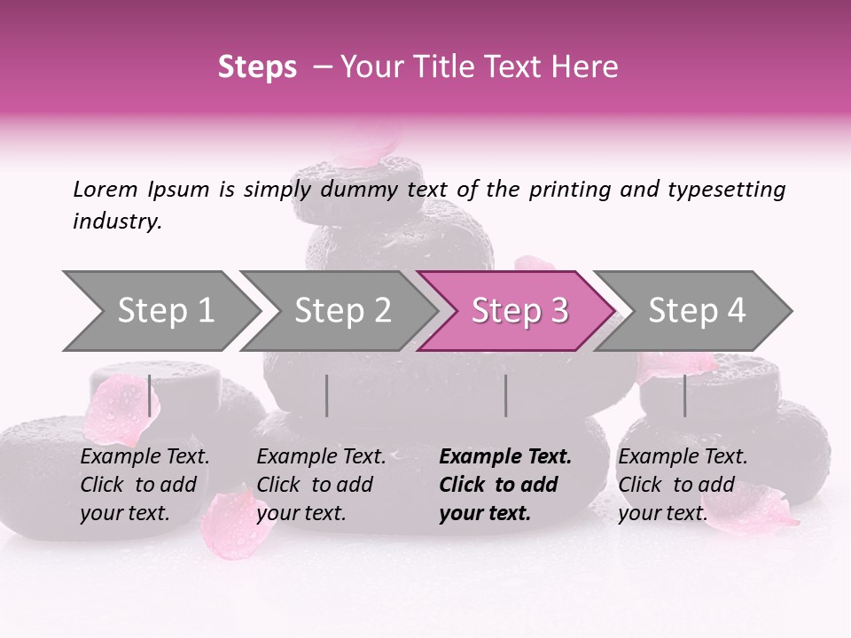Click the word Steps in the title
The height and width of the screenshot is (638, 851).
[x=257, y=67]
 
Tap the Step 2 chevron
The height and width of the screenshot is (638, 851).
[x=342, y=311]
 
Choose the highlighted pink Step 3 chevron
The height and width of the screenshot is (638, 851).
[x=519, y=311]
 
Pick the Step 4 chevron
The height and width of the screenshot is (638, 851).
[x=696, y=311]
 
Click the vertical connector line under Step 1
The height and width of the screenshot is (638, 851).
[x=149, y=395]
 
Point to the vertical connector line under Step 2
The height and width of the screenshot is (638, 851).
[x=327, y=395]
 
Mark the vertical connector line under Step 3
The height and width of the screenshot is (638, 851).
[x=505, y=395]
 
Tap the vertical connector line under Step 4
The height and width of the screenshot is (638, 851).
[x=684, y=395]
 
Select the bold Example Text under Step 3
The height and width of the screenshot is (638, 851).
[x=505, y=485]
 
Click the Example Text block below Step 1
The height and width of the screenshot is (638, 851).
[x=144, y=485]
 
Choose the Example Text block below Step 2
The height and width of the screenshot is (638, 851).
[x=321, y=485]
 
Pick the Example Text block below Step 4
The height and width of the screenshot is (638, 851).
[x=683, y=485]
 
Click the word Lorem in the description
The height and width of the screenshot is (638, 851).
[x=105, y=189]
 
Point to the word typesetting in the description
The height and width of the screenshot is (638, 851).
[x=725, y=189]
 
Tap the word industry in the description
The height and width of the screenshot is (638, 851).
[x=117, y=221]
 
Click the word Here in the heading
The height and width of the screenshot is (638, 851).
[x=586, y=67]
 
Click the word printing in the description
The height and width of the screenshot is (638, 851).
[x=566, y=190]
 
